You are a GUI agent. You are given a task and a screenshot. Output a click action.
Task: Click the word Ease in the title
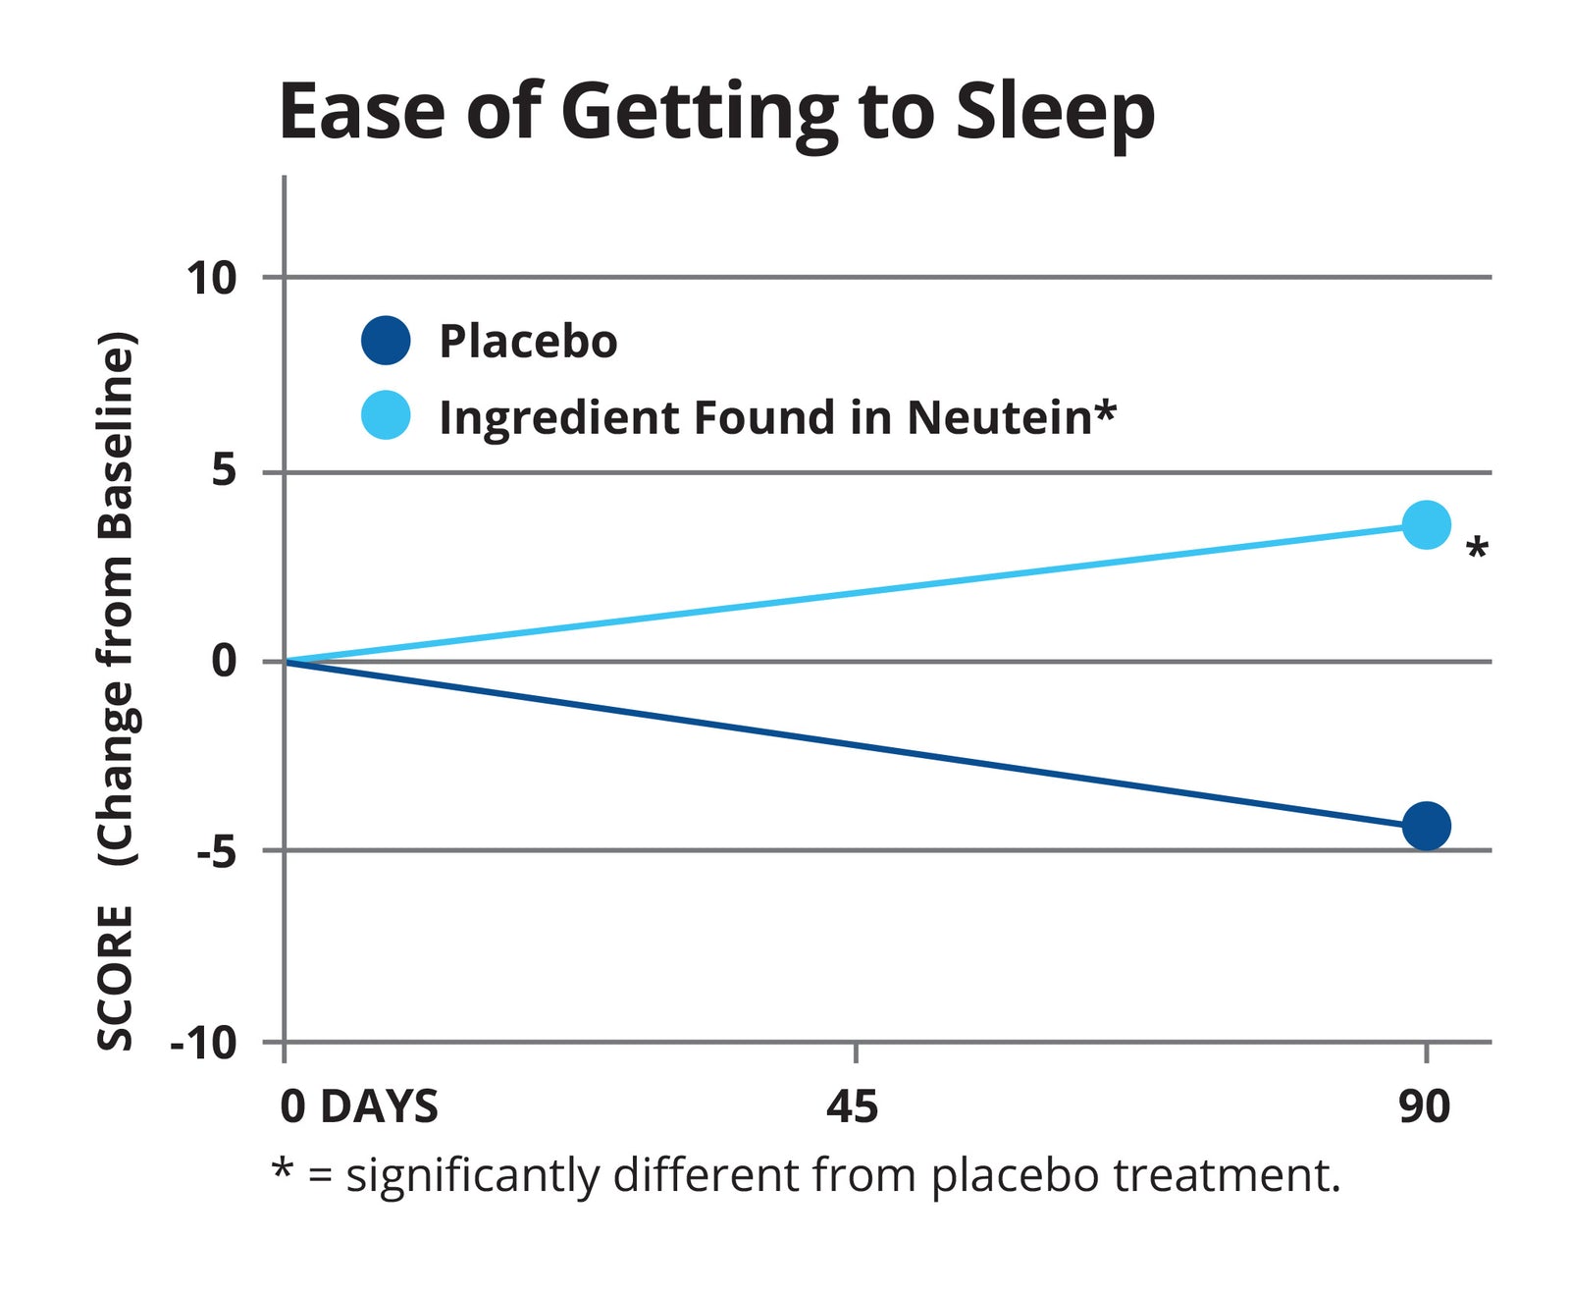[361, 112]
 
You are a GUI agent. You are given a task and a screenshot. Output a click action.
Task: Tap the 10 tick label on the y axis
[212, 279]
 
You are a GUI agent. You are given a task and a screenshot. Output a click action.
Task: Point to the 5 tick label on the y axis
[225, 471]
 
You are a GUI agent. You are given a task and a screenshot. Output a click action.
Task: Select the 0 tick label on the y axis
[225, 661]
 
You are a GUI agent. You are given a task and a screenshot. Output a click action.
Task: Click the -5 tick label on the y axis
[216, 851]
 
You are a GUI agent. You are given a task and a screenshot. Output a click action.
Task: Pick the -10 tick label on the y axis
[204, 1042]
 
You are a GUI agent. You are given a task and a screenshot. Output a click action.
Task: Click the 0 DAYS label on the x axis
[359, 1106]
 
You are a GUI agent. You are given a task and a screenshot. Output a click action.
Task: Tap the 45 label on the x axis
[852, 1106]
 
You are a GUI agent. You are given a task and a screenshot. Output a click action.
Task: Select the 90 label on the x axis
[1424, 1106]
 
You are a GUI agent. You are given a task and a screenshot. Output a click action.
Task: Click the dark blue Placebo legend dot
[386, 341]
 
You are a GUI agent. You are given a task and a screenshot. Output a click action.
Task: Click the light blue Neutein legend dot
[386, 415]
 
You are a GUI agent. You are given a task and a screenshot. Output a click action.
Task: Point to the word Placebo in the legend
[528, 342]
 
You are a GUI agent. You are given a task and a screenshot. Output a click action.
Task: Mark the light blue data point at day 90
[1426, 524]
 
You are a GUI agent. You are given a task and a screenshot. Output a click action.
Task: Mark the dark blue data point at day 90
[1426, 825]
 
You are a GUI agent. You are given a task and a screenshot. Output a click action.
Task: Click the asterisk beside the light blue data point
[1476, 549]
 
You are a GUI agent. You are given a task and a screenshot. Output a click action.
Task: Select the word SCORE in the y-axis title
[115, 977]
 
